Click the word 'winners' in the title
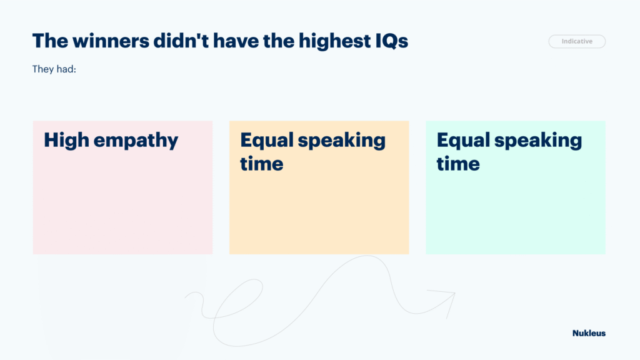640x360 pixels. (111, 41)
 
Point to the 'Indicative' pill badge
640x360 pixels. (577, 41)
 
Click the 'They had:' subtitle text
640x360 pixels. (54, 69)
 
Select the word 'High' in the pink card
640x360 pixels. (66, 141)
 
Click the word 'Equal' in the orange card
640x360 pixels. (267, 141)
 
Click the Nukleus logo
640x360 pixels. (589, 333)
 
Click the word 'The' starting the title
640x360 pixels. (50, 41)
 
